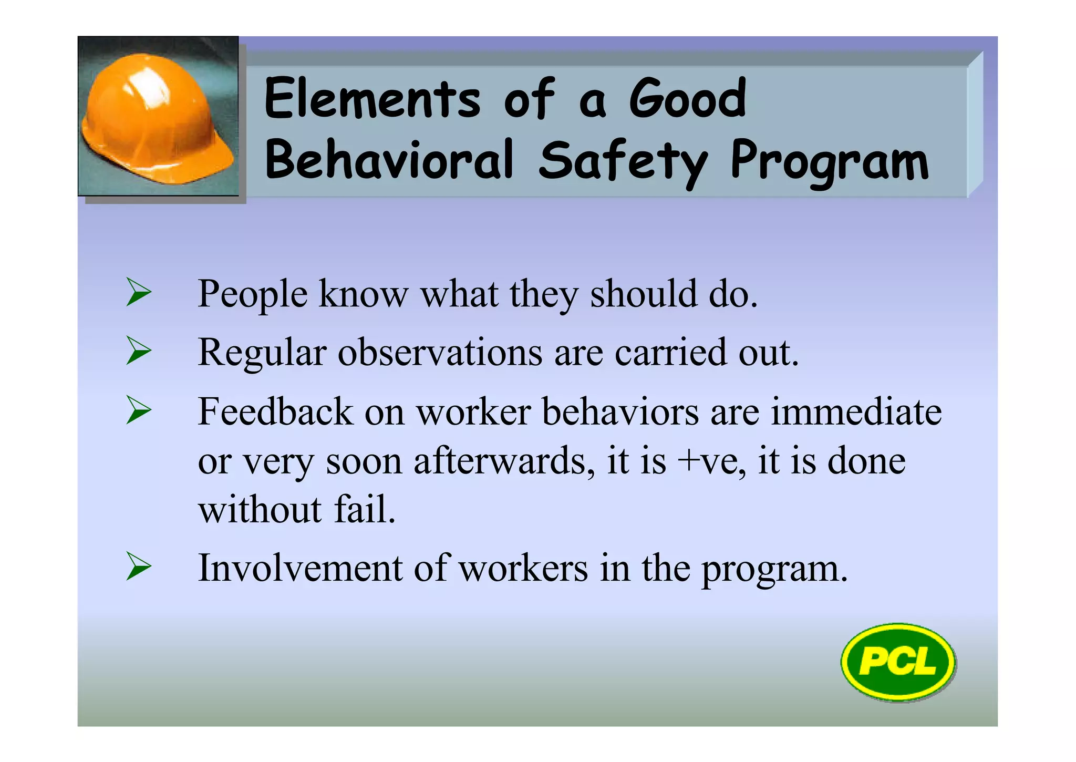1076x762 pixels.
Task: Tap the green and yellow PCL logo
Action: (x=898, y=662)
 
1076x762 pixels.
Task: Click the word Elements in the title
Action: (x=372, y=99)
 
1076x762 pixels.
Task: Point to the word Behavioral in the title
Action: (x=389, y=160)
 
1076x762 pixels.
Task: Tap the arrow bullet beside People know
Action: (x=139, y=293)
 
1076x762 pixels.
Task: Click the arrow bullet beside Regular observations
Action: (x=139, y=351)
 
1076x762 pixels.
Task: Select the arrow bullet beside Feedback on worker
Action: (x=139, y=410)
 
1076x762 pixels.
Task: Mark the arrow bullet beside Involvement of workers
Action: (x=139, y=567)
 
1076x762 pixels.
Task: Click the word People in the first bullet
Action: (x=252, y=294)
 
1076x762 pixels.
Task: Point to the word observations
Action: (x=440, y=352)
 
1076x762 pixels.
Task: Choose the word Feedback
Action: (x=275, y=411)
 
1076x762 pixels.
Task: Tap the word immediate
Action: (x=856, y=411)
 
